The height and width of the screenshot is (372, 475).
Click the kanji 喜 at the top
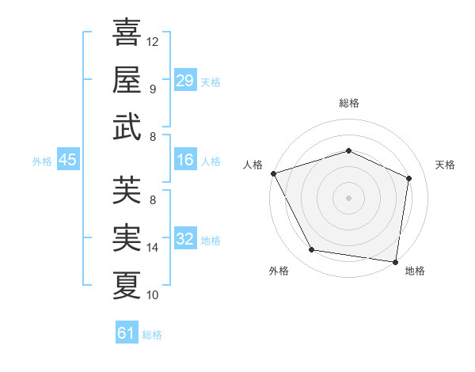coord(127,33)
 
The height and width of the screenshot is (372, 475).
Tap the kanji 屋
coord(127,79)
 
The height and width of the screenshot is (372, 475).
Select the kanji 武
coord(127,127)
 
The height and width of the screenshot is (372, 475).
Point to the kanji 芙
coord(127,190)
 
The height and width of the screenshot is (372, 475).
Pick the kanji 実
coord(127,237)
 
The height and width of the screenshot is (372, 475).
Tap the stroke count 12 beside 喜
coord(153,41)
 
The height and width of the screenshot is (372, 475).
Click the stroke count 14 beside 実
coord(153,248)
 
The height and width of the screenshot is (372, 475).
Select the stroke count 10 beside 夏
coord(153,295)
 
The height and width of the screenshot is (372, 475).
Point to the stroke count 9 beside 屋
coord(153,89)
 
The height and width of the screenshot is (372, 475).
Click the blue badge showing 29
coord(184,81)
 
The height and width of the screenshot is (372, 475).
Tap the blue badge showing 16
coord(184,161)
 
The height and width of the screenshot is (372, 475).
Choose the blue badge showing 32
coord(184,239)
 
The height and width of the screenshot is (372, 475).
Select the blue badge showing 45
coord(67,161)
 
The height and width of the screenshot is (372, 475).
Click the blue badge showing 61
coord(126,333)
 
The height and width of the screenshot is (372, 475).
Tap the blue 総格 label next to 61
coord(152,335)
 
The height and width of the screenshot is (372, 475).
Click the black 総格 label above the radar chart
coord(348,103)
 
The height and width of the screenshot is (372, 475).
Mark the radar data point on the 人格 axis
coord(273,173)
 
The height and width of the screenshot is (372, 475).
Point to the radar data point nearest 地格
coord(395,261)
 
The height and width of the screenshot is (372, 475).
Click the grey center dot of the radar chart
coord(348,197)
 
